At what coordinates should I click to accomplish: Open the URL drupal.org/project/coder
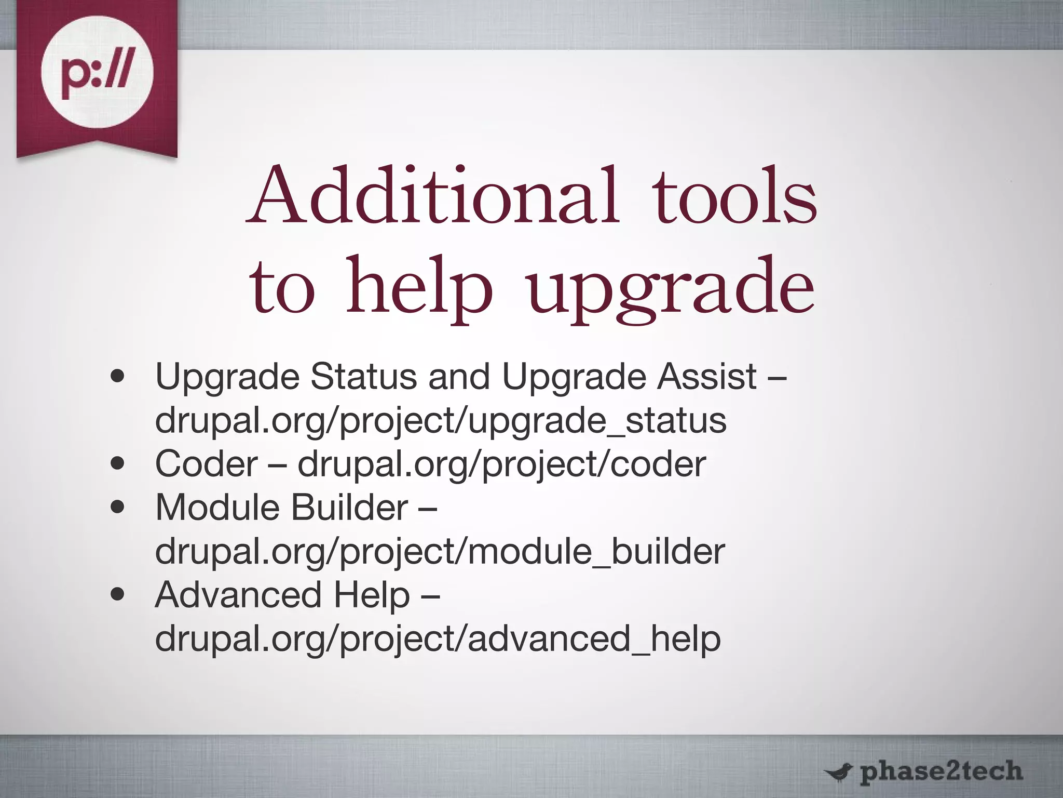pos(501,464)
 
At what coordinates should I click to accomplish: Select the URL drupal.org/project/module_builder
pos(440,552)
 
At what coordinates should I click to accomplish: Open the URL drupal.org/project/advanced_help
pos(438,639)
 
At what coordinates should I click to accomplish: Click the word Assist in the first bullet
pos(706,376)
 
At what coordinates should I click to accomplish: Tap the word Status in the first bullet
pos(363,376)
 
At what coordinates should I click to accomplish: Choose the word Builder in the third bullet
pos(349,507)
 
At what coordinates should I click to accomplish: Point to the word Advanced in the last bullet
pos(238,594)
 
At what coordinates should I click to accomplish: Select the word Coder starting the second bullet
pos(206,463)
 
